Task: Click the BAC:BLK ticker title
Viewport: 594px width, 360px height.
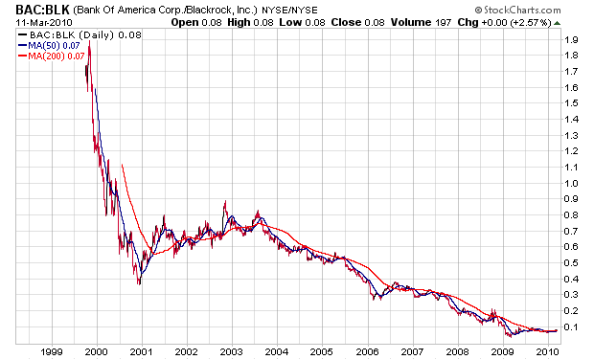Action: coord(42,9)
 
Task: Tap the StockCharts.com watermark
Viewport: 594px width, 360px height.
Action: coord(517,10)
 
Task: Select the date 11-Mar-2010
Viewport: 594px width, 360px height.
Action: coord(43,22)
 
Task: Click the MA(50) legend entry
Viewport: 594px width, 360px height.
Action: coord(49,46)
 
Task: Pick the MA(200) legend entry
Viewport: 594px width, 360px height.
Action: coord(51,56)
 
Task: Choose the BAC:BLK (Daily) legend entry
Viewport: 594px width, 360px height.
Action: coord(80,35)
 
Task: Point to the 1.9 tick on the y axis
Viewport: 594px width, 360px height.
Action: coord(571,40)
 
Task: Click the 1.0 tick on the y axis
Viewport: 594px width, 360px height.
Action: coord(571,184)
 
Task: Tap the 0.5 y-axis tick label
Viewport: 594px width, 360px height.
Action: coord(571,263)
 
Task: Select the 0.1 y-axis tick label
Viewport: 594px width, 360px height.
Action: coord(571,327)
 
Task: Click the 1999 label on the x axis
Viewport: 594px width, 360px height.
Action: coord(52,352)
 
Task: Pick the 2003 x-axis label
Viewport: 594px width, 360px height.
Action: coord(232,352)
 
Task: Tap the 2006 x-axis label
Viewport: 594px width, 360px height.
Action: coord(368,352)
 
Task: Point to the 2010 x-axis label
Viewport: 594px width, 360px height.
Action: coord(548,352)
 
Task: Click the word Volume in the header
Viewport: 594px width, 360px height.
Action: coord(411,22)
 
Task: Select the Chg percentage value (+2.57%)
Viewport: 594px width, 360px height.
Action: coord(531,23)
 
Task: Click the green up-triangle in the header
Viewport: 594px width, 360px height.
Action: coord(557,23)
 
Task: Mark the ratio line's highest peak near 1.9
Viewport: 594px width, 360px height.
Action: coord(89,41)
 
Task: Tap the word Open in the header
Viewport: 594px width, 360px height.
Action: coord(185,23)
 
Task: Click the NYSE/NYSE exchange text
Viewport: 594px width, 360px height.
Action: coord(289,11)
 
